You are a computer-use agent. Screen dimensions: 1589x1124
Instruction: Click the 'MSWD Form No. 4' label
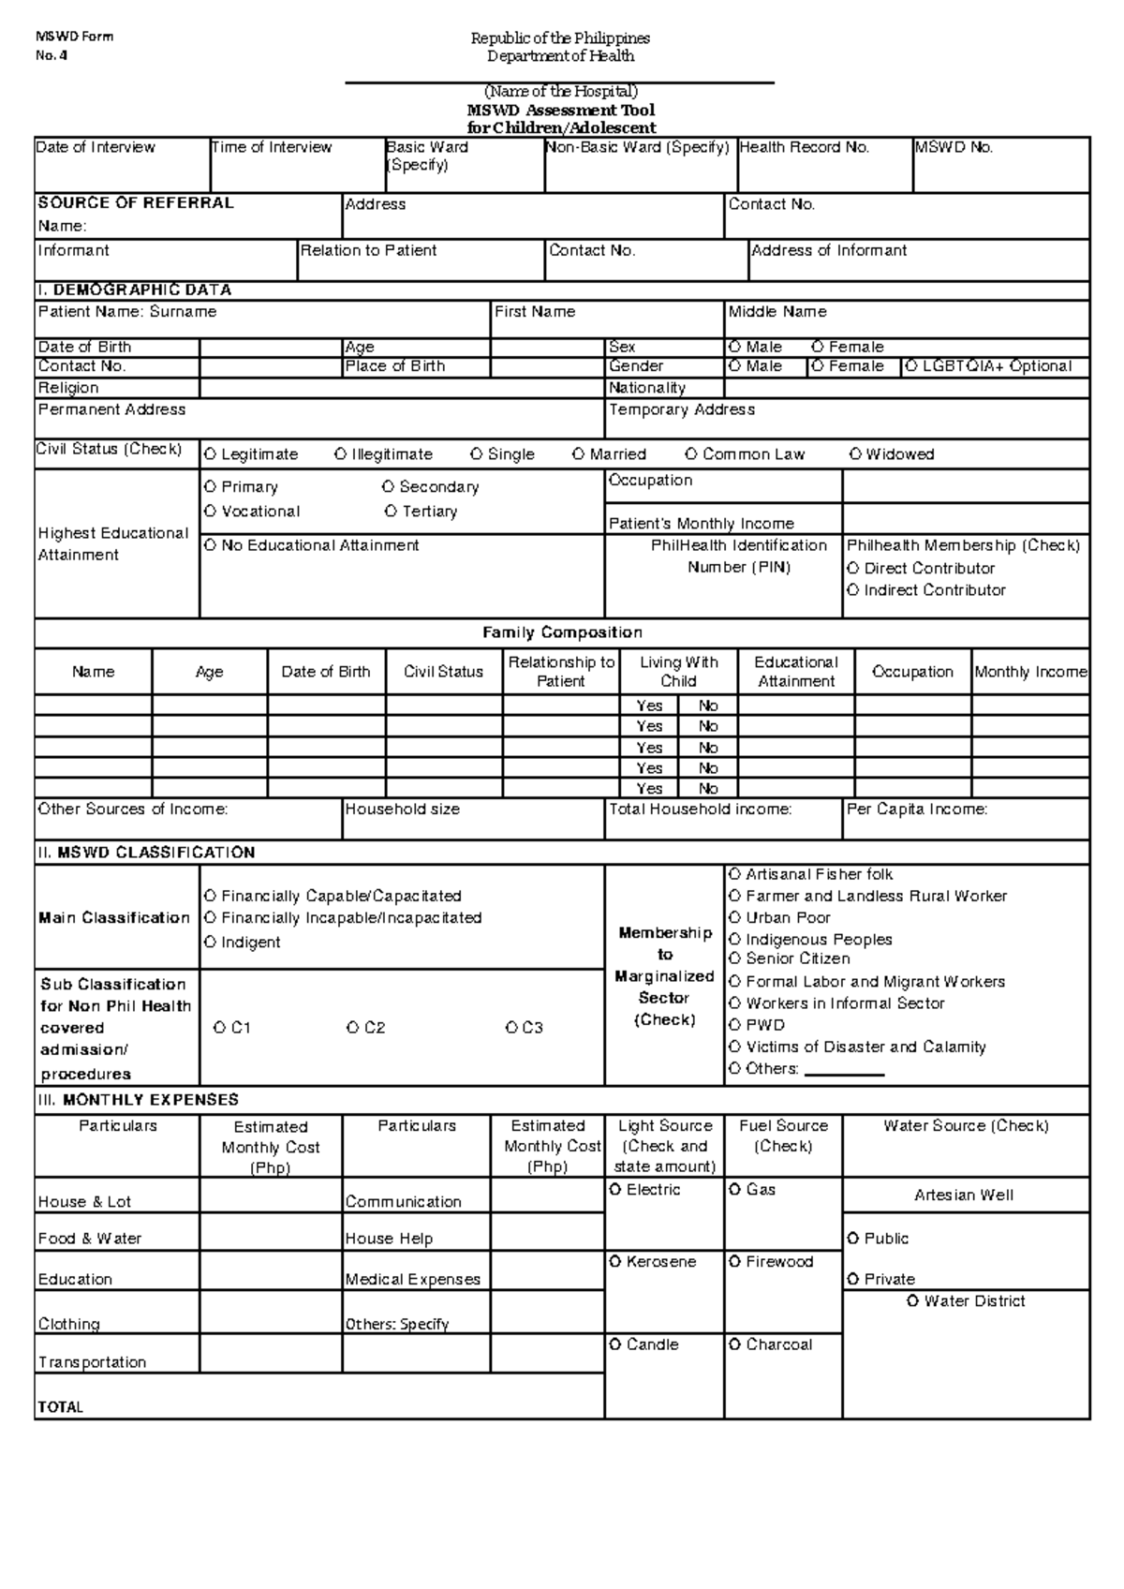(x=74, y=45)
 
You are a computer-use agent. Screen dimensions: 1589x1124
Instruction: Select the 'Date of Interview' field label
(x=96, y=147)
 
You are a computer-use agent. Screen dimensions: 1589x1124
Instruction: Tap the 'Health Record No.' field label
(x=805, y=147)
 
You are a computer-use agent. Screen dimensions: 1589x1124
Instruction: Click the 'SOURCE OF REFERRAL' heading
(x=136, y=202)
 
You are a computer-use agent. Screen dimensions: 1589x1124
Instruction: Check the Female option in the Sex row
(x=818, y=347)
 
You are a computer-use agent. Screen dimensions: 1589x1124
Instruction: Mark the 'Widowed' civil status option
(x=856, y=454)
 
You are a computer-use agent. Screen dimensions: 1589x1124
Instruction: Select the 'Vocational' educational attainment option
(x=210, y=512)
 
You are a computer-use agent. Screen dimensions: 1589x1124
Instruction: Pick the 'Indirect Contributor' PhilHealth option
(x=853, y=590)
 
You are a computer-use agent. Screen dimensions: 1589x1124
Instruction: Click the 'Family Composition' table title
(x=562, y=632)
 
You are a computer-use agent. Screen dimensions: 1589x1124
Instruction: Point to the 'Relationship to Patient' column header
(x=561, y=672)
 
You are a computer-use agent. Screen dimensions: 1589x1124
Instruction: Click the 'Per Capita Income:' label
(x=917, y=809)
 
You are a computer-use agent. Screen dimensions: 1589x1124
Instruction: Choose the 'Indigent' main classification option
(x=210, y=943)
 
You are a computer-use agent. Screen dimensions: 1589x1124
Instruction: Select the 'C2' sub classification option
(x=353, y=1028)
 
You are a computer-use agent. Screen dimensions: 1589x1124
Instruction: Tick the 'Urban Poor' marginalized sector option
(x=735, y=918)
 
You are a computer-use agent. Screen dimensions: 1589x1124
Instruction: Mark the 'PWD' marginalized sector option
(x=735, y=1025)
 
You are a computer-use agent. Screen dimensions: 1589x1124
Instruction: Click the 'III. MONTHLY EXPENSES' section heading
(x=138, y=1100)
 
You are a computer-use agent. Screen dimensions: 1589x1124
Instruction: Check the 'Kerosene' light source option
(x=615, y=1262)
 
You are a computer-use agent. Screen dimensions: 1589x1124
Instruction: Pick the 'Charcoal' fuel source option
(x=735, y=1344)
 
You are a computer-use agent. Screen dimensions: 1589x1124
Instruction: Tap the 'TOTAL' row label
(x=61, y=1406)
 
